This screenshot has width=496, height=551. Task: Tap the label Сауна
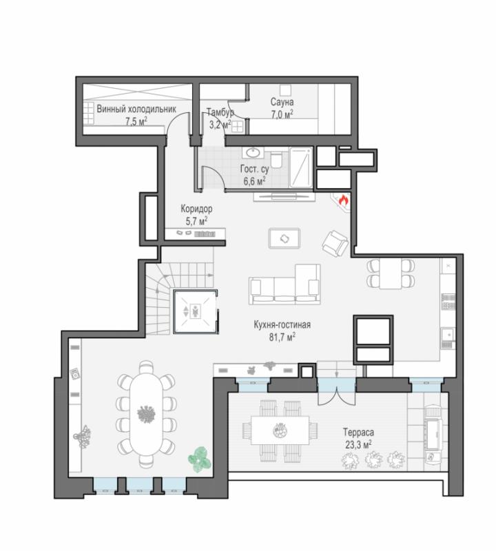point(282,102)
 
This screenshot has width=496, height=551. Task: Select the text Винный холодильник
point(136,109)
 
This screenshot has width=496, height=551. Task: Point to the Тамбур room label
point(220,112)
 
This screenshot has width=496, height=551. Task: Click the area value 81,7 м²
point(282,337)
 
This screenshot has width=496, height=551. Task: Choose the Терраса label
point(358,433)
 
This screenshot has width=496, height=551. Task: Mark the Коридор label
point(196,209)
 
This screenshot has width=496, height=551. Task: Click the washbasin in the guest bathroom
point(252,152)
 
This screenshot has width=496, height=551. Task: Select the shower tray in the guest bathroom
point(300,167)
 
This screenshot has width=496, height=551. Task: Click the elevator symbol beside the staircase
point(194,311)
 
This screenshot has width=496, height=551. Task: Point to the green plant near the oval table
point(200,459)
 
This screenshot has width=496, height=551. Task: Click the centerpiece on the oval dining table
point(146,414)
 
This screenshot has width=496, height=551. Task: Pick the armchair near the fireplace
point(335,243)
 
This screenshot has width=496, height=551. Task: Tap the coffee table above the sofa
point(285,238)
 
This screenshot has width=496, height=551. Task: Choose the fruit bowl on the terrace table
point(280,430)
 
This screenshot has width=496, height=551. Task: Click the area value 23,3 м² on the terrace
point(358,444)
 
